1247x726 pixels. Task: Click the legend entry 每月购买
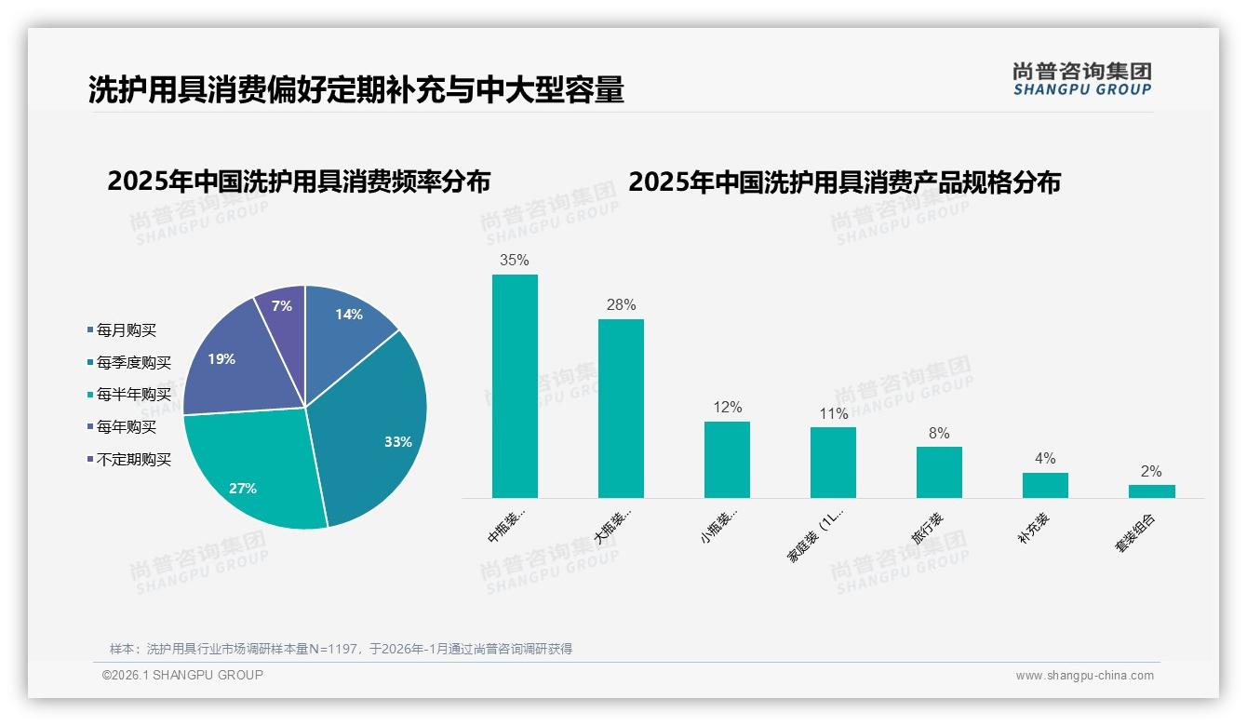[126, 329]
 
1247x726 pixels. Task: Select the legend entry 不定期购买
[133, 459]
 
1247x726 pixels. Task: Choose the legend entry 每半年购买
[133, 395]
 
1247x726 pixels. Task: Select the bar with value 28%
[621, 409]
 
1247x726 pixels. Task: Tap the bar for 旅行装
[939, 472]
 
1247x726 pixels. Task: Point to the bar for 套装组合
[1151, 491]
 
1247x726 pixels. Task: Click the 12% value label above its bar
[727, 408]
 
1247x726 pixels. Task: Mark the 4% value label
[1045, 459]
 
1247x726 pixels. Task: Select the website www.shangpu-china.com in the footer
[1084, 676]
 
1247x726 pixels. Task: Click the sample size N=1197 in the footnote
[334, 649]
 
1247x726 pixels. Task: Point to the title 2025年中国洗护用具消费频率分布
[299, 181]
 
